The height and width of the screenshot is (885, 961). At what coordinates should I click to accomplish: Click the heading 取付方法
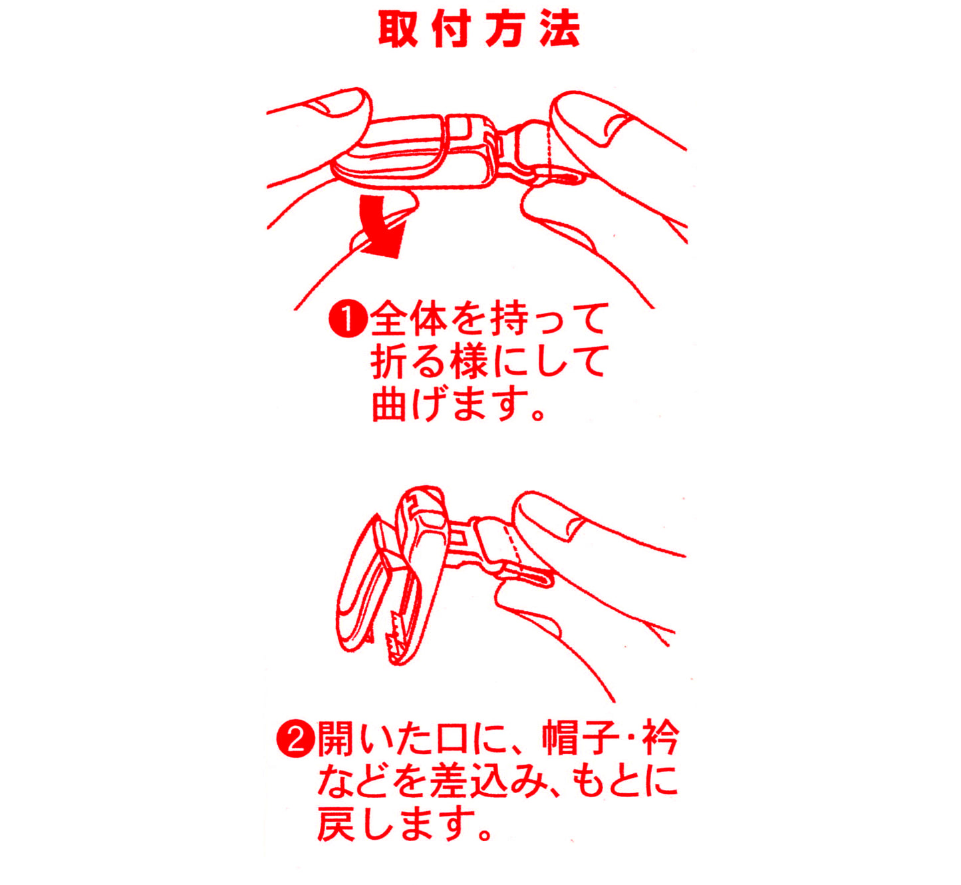pos(479,29)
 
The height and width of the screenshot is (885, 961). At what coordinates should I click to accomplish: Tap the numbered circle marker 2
pos(295,740)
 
